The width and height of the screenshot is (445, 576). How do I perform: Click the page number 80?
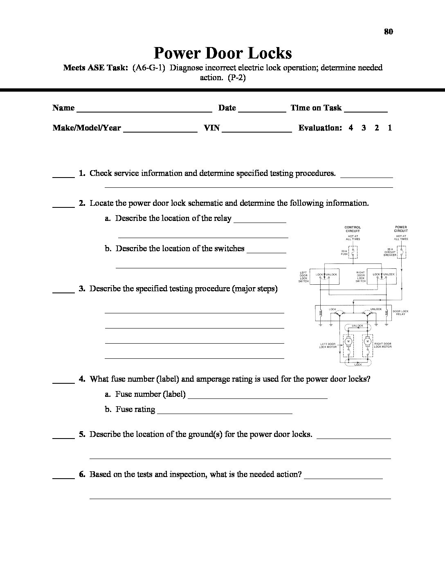pos(389,32)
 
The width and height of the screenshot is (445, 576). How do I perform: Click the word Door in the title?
pos(223,53)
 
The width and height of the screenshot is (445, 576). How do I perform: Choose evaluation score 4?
pos(351,128)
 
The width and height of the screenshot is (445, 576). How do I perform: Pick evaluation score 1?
pos(390,128)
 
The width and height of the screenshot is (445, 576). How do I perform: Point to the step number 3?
pos(82,288)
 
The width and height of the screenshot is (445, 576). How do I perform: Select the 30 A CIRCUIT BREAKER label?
pos(390,252)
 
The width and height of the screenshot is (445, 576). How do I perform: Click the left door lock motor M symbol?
pos(348,341)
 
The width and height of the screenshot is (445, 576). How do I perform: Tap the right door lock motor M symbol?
pos(367,341)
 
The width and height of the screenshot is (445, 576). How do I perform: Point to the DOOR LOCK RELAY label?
pos(400,313)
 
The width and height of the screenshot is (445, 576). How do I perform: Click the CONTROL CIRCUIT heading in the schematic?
pos(353,229)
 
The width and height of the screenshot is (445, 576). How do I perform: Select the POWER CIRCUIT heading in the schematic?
pos(401,229)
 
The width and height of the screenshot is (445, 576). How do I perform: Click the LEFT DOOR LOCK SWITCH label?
pos(303,277)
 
